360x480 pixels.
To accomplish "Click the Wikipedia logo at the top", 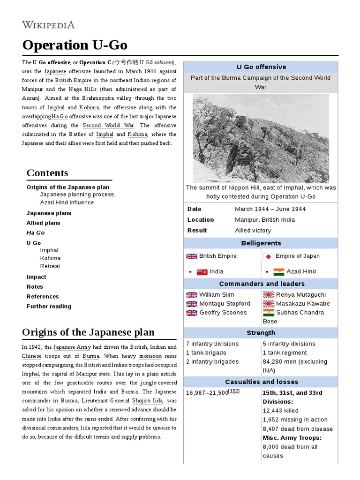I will point(48,25).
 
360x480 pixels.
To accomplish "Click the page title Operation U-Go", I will point(75,45).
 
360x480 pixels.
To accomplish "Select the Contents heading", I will point(47,172).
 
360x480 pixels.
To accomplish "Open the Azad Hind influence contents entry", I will point(67,202).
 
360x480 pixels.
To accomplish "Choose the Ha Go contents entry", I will point(36,232).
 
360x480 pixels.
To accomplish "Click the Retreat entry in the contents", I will point(50,266).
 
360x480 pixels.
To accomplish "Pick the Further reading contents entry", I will point(49,306).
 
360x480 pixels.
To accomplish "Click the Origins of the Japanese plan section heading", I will point(88,332).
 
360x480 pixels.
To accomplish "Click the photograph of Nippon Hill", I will point(261,138).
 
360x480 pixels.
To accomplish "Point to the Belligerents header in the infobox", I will point(261,243).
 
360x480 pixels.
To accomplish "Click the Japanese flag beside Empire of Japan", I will point(269,256).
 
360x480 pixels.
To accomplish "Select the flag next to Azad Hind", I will point(279,272).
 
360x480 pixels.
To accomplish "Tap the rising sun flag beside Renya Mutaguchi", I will point(269,295).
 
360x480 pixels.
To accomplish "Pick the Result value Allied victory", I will point(253,230).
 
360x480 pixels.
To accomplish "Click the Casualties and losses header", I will point(261,382).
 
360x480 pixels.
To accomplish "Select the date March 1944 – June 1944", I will point(270,209).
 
